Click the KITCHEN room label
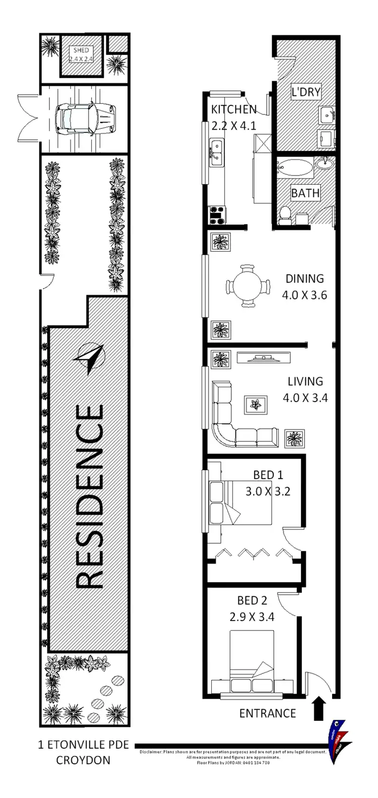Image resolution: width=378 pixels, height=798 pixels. (x=233, y=109)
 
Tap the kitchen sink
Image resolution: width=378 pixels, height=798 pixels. (x=217, y=154)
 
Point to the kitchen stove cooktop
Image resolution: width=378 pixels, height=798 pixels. (x=218, y=215)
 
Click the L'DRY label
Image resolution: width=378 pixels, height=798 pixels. (x=306, y=92)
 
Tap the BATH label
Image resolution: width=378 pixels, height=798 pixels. (x=305, y=193)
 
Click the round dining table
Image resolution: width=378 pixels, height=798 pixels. (x=247, y=286)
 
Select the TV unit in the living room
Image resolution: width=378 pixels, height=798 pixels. (x=264, y=358)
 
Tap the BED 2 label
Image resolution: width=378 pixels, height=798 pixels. (x=252, y=600)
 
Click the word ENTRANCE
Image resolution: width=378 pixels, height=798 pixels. (x=267, y=713)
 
